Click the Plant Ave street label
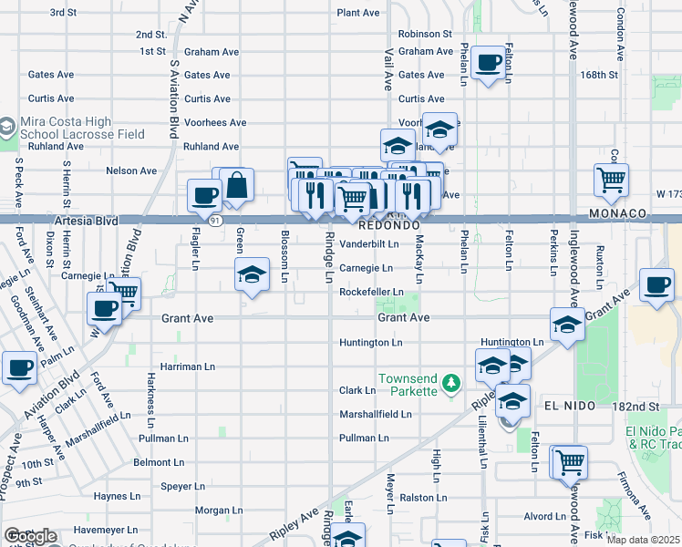click(357, 13)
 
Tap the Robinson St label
click(425, 34)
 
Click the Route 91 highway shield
click(213, 220)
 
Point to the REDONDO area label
click(388, 224)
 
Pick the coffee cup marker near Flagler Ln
click(203, 194)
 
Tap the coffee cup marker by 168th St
click(489, 62)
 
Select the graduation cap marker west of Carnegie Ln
click(252, 273)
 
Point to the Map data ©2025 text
click(644, 540)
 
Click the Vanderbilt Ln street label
click(369, 244)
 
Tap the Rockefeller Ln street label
click(371, 292)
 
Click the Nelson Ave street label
click(131, 170)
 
